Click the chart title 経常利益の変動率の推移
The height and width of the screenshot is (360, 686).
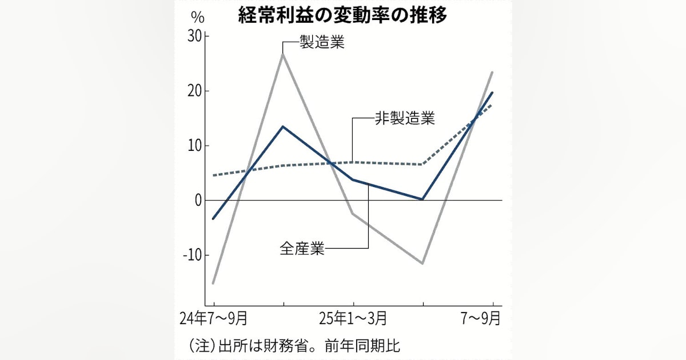click(x=343, y=15)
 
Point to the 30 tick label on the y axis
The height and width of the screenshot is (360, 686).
click(x=194, y=37)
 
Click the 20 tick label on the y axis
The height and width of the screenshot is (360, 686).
click(x=194, y=91)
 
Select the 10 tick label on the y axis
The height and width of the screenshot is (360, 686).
click(x=194, y=146)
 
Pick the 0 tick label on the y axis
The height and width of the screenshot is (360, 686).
click(x=198, y=201)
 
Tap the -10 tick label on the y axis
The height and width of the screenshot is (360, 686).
click(x=192, y=255)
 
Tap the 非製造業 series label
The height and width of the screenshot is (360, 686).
click(x=405, y=119)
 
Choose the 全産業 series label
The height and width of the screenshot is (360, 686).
click(x=302, y=249)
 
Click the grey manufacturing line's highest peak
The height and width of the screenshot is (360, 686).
click(x=283, y=54)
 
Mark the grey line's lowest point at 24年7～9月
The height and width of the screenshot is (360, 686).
click(x=213, y=283)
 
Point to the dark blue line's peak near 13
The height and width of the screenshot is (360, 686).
click(x=283, y=126)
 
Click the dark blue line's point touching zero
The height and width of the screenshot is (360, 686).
click(x=422, y=199)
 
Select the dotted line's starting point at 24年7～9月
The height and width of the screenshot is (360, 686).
click(x=213, y=175)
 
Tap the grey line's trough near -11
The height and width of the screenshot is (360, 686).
click(x=422, y=263)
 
